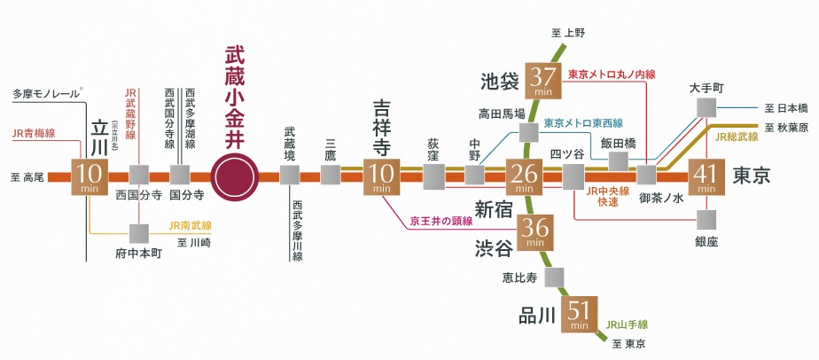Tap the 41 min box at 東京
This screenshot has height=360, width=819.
coord(706,176)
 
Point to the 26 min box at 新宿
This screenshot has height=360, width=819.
coord(523,176)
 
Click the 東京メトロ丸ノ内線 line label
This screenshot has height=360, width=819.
coord(612,74)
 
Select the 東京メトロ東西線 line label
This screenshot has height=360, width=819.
coord(583,122)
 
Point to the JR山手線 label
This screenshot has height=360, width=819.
coord(628,325)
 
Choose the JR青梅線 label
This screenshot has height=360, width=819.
coord(34,134)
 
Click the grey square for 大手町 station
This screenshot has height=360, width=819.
coord(706,107)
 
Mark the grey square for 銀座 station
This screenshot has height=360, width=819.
coord(706,219)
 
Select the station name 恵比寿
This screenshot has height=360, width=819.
coord(521,277)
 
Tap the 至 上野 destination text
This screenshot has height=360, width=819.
coord(569,33)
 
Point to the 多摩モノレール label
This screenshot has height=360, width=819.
coord(45,93)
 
